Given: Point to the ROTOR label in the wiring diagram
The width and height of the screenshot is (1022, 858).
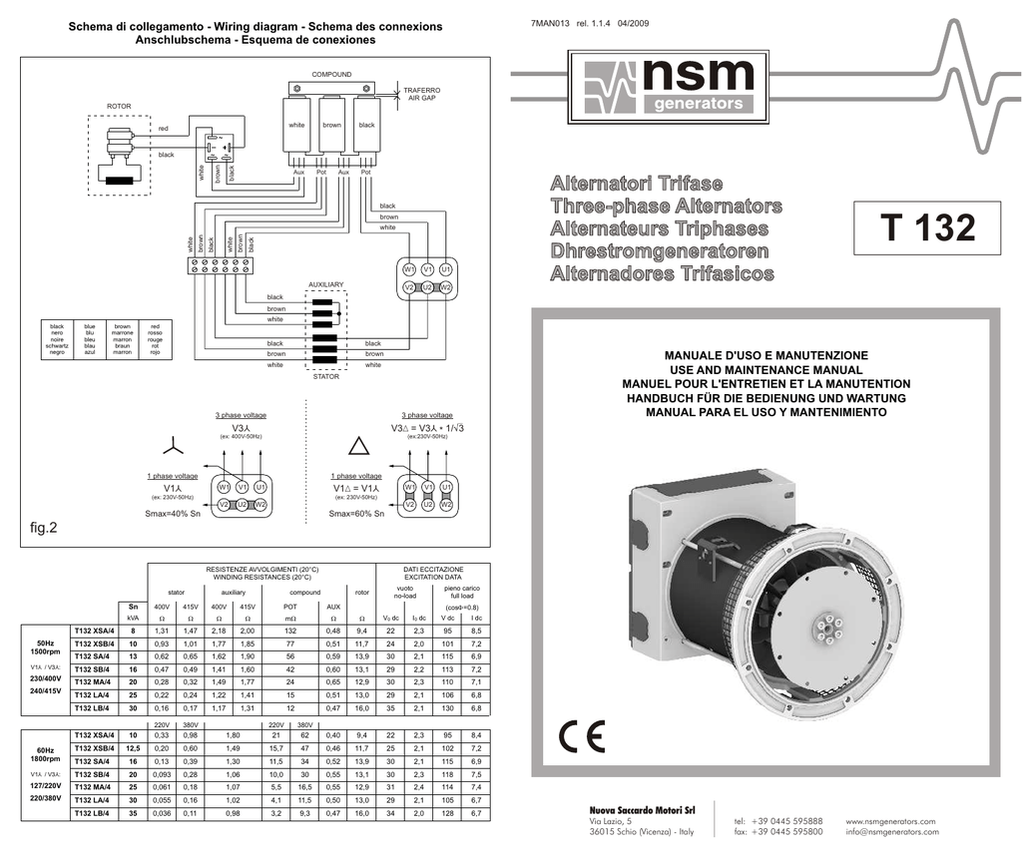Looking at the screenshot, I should pos(120,105).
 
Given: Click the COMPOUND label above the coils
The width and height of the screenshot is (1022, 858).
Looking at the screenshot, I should pos(331,75).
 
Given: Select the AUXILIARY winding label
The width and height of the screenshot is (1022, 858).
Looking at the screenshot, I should pos(326,285).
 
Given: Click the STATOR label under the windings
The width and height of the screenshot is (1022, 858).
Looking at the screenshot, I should pos(326,377).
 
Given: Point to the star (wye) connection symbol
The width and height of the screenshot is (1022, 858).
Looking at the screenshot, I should pos(175,445).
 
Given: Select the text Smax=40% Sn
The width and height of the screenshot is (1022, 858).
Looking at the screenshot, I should pos(173,514).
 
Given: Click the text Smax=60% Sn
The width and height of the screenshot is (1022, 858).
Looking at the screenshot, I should pos(356,514).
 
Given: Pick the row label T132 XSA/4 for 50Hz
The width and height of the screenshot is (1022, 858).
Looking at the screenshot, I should pos(96,632).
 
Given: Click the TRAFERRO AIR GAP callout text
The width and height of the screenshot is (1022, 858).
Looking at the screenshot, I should pos(419,94).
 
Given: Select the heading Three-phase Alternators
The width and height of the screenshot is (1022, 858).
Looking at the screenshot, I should pos(666,207).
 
